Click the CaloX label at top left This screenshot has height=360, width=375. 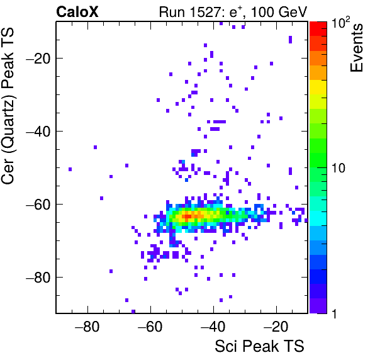coord(77,12)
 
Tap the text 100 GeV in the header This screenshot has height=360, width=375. coord(279,12)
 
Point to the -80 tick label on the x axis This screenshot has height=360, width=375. coord(87,327)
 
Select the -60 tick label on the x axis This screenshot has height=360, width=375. coord(150,327)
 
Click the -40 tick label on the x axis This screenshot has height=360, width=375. coord(213,327)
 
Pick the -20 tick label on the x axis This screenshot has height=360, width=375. coord(276,327)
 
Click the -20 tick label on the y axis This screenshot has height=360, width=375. coord(38,59)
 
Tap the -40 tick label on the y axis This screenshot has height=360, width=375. coord(38,132)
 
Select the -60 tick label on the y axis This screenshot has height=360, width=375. coord(38,205)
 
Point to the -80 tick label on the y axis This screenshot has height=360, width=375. coord(38,277)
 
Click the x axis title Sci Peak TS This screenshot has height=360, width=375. coord(259,346)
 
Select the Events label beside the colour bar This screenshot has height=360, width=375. coord(357,48)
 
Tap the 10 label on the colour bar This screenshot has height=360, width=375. coord(339,168)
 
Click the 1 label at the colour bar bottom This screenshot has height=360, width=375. coord(334,313)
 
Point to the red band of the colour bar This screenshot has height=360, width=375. coord(318,29)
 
